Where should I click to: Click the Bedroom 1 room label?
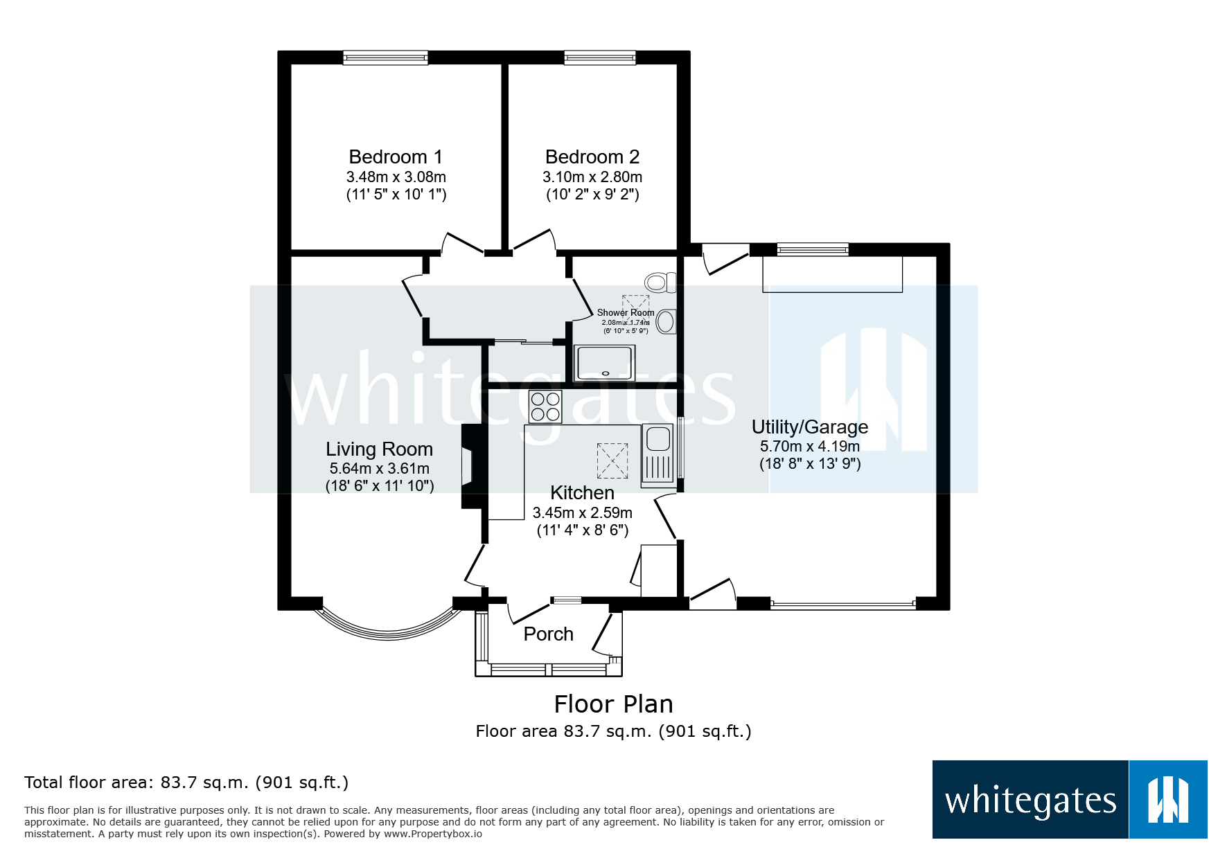(x=396, y=157)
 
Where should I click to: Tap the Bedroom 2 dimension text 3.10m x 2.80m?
(x=592, y=177)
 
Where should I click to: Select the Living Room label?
(x=379, y=449)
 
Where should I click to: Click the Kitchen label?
(x=582, y=493)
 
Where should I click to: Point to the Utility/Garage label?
(x=809, y=427)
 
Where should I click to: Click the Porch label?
(x=548, y=634)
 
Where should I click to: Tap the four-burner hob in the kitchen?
(x=545, y=406)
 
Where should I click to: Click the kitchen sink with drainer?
(x=657, y=454)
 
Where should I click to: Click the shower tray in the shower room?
(x=604, y=364)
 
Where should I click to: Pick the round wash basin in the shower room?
(x=666, y=322)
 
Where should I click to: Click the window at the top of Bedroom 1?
(x=385, y=57)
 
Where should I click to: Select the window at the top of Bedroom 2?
(x=599, y=57)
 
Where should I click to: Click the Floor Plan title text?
(x=613, y=704)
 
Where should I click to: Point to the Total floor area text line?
(x=186, y=783)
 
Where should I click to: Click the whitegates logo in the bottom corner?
(x=1069, y=800)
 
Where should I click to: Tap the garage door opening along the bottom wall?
(x=842, y=605)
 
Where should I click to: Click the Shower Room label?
(x=625, y=313)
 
